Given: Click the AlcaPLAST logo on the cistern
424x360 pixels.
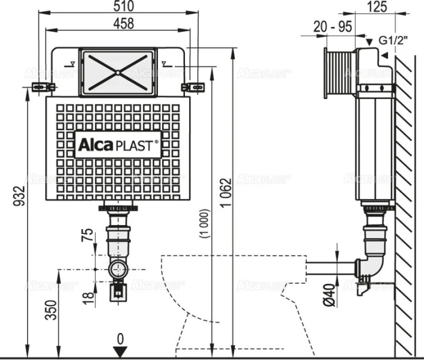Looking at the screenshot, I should (118, 145).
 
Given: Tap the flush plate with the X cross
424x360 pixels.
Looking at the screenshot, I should (118, 71).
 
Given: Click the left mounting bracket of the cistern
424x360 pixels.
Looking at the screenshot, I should (40, 86).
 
